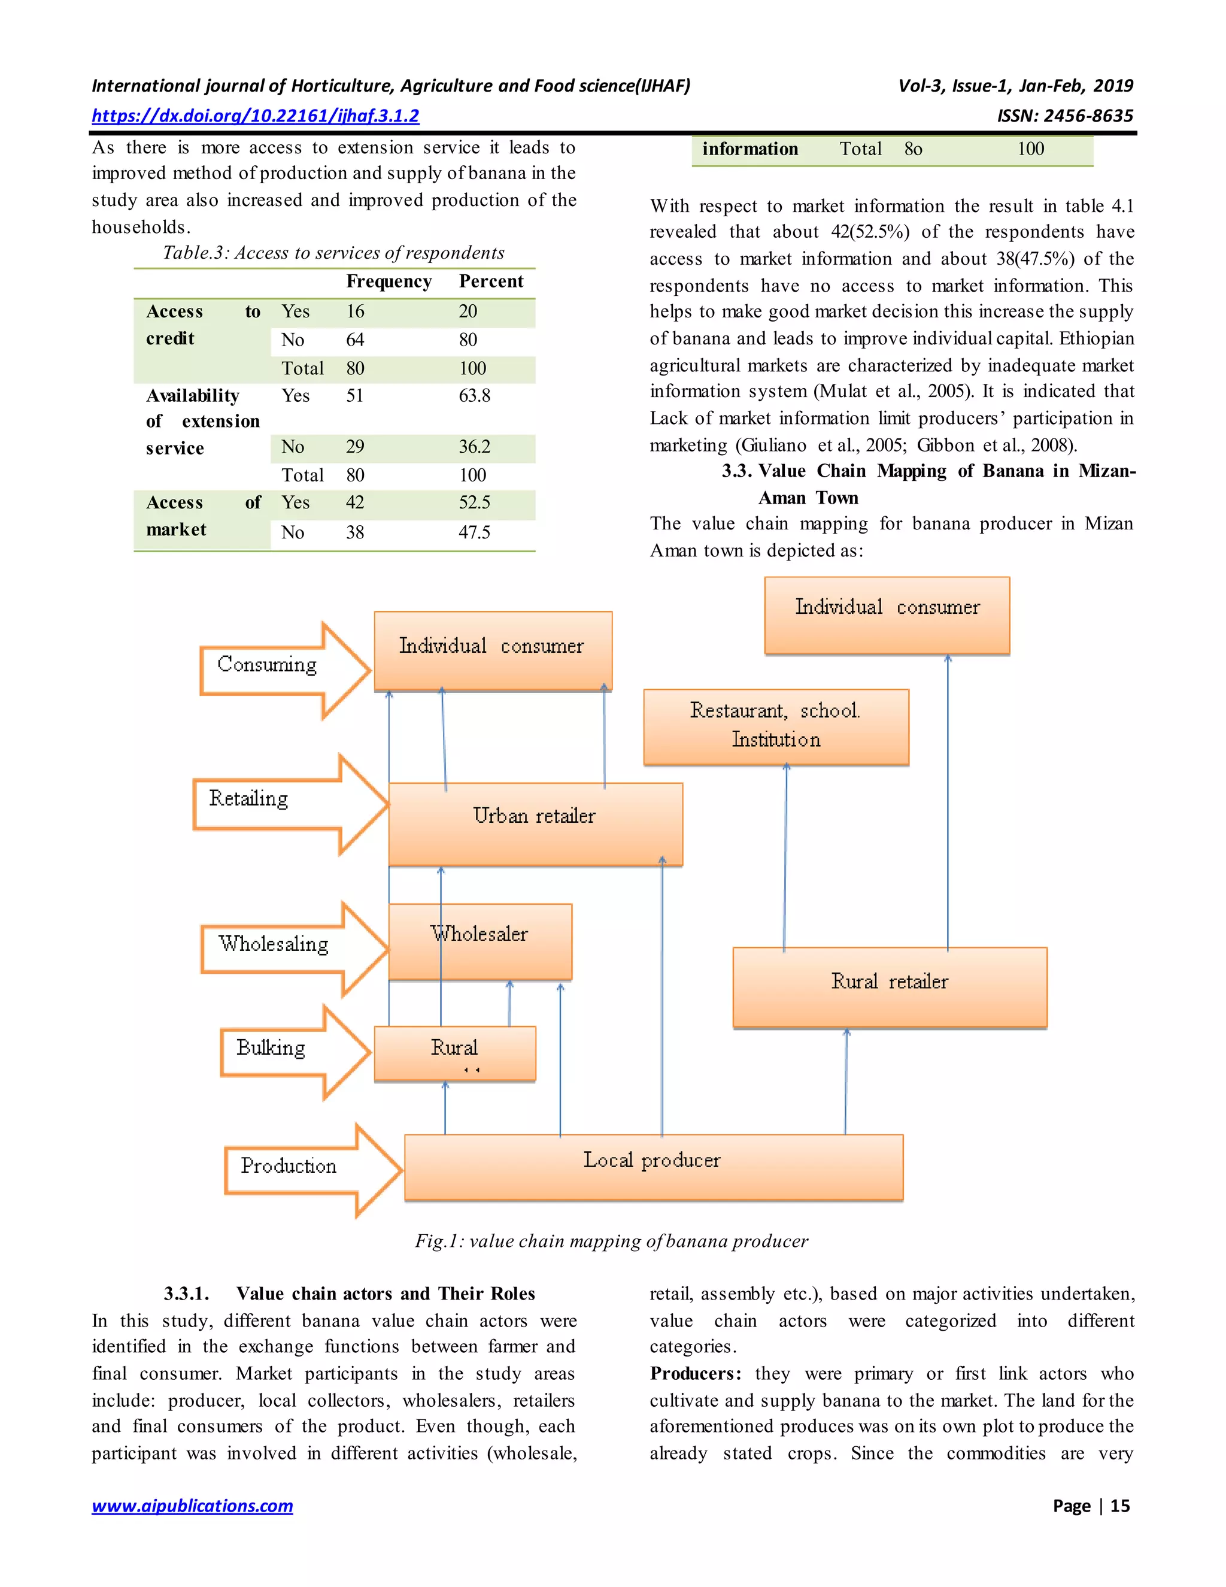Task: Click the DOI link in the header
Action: pyautogui.click(x=255, y=116)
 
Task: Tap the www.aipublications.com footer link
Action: pyautogui.click(x=193, y=1506)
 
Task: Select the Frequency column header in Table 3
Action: pyautogui.click(x=389, y=281)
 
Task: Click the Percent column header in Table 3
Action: pyautogui.click(x=491, y=281)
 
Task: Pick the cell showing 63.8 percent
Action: pyautogui.click(x=474, y=396)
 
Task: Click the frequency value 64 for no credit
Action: pyautogui.click(x=355, y=340)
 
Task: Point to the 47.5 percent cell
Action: pyautogui.click(x=474, y=532)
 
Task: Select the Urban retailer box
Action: pyautogui.click(x=535, y=823)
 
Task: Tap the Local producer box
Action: pyautogui.click(x=653, y=1167)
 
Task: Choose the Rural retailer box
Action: pyautogui.click(x=889, y=986)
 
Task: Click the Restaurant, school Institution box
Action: pyautogui.click(x=776, y=726)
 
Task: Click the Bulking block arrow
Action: pyautogui.click(x=290, y=1051)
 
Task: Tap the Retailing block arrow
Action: pyautogui.click(x=283, y=803)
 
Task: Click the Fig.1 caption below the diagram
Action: pyautogui.click(x=612, y=1241)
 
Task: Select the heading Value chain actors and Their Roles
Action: pyautogui.click(x=385, y=1294)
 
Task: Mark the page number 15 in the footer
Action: pyautogui.click(x=1119, y=1506)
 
